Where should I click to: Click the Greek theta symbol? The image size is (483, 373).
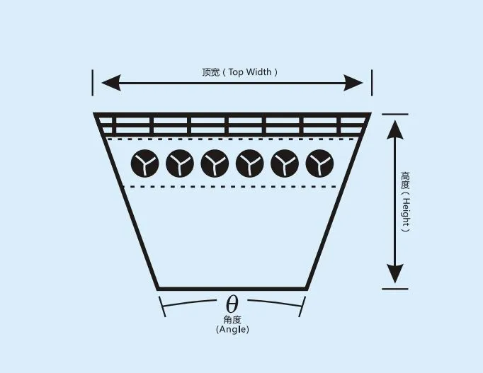point(232,304)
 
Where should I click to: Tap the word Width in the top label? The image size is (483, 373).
point(259,72)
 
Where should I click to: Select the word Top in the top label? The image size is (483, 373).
point(236,72)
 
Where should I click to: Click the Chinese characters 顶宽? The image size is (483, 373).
point(211,72)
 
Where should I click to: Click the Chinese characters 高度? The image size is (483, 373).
point(405,180)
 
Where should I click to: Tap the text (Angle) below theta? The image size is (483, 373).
point(232,330)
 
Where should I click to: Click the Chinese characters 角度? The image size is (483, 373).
point(232,320)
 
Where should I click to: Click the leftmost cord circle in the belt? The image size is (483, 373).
point(144,163)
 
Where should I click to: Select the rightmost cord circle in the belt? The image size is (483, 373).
point(319,163)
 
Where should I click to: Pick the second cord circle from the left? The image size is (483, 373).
point(180,163)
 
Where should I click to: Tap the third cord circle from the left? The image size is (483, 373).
point(215,163)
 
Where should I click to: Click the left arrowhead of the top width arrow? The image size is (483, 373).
point(111,83)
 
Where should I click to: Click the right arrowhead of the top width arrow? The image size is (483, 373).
point(353,83)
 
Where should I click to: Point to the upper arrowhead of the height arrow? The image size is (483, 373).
point(395,130)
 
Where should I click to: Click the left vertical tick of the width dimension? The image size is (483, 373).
point(92,83)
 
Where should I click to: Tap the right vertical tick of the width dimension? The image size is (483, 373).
point(372,83)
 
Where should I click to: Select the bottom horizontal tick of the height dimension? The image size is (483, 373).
point(395,289)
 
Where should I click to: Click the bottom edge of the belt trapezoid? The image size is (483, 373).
point(232,289)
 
